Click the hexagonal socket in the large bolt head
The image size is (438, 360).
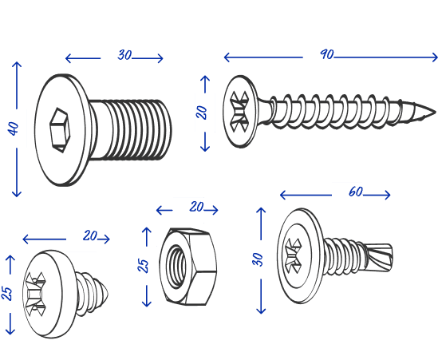click(x=60, y=130)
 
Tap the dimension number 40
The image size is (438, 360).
click(x=13, y=129)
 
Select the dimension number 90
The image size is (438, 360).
click(x=327, y=54)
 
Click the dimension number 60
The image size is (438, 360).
click(x=356, y=192)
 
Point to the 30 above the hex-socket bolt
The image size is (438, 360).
click(x=124, y=55)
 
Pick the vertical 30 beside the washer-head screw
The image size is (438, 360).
click(x=257, y=259)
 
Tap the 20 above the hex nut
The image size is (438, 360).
click(x=196, y=207)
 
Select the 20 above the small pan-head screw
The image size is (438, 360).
click(x=90, y=236)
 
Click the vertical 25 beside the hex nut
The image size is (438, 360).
click(x=143, y=266)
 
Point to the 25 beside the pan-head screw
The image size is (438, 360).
click(x=7, y=294)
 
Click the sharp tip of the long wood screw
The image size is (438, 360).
click(x=435, y=112)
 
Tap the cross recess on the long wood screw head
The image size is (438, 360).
click(x=239, y=112)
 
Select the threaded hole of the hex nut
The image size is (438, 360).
click(x=176, y=267)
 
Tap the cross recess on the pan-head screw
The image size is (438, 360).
click(x=34, y=294)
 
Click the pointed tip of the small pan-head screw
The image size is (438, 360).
click(x=107, y=294)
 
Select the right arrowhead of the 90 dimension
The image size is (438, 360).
click(x=435, y=57)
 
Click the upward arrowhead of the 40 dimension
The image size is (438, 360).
click(x=17, y=65)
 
